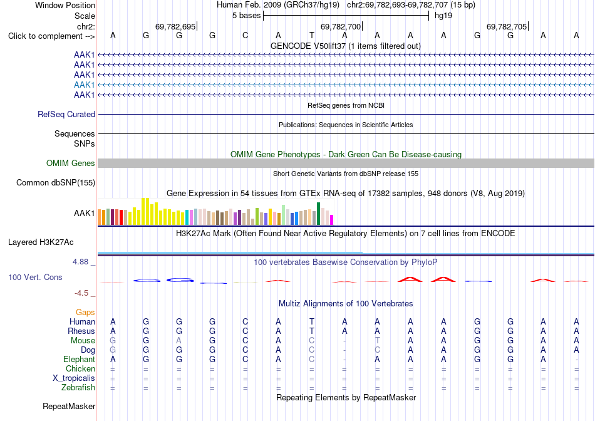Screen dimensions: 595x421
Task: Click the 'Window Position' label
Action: (65, 5)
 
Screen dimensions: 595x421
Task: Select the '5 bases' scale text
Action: (246, 16)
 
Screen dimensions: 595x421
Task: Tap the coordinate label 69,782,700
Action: (340, 26)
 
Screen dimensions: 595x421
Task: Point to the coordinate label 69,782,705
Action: (507, 26)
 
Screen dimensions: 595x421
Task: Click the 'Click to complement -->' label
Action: (51, 36)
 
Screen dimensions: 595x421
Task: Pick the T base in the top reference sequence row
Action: (311, 35)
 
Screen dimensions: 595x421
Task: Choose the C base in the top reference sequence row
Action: (245, 35)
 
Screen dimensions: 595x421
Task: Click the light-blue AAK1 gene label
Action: (85, 85)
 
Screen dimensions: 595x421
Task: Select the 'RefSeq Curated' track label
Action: (66, 114)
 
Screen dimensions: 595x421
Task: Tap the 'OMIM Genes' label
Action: (71, 164)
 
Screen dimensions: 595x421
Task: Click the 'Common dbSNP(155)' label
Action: (56, 182)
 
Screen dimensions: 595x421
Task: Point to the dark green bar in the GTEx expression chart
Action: (318, 214)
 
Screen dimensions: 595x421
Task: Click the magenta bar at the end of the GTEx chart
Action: (332, 220)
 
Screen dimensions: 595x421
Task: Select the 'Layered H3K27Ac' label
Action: (41, 242)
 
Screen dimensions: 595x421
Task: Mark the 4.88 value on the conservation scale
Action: (80, 262)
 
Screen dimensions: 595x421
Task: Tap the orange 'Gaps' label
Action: (85, 312)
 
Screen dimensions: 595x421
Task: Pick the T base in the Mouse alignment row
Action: (377, 341)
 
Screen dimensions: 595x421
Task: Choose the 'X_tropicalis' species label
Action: (74, 378)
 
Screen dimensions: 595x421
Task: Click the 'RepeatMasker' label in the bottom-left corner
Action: (69, 406)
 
